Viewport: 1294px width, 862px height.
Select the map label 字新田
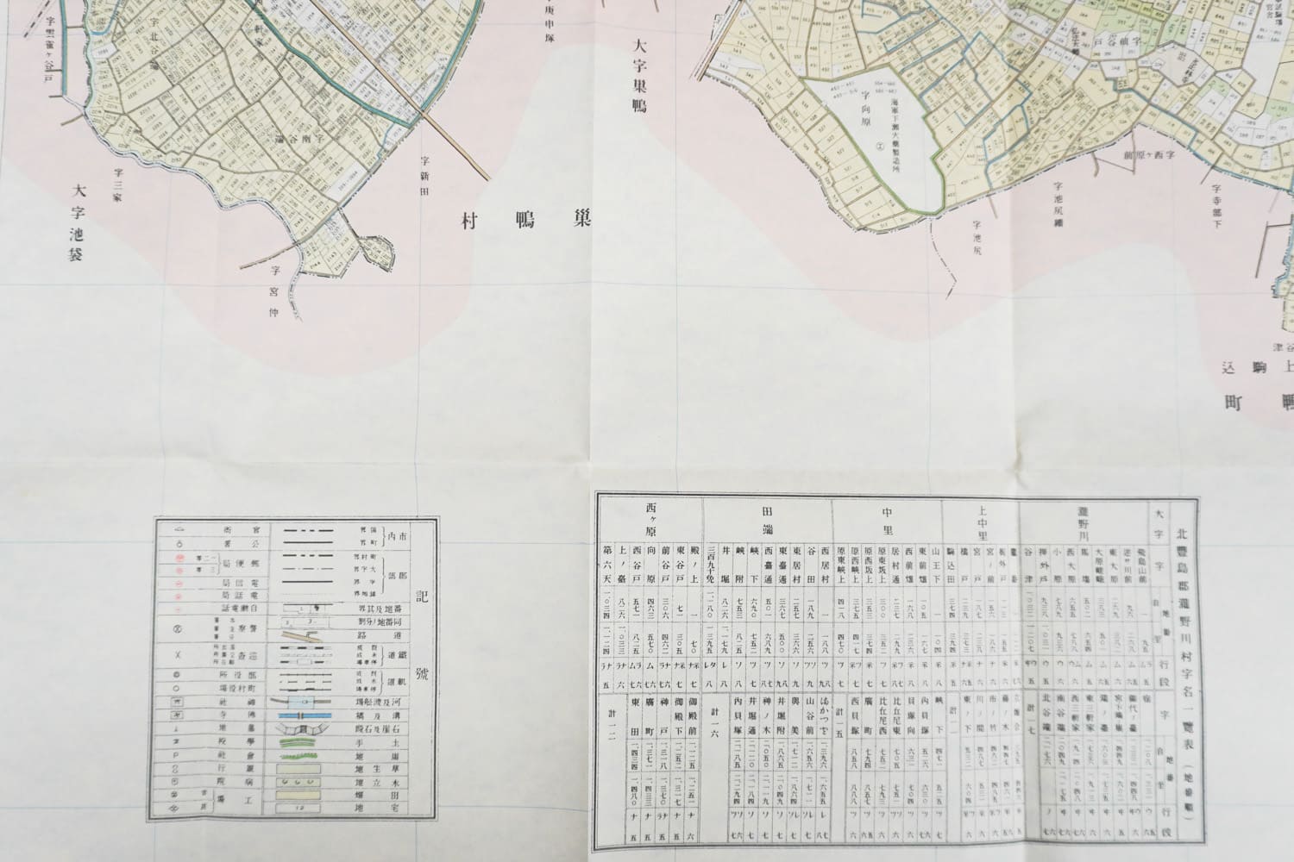click(x=424, y=178)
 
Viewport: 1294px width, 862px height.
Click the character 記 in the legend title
click(x=420, y=596)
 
